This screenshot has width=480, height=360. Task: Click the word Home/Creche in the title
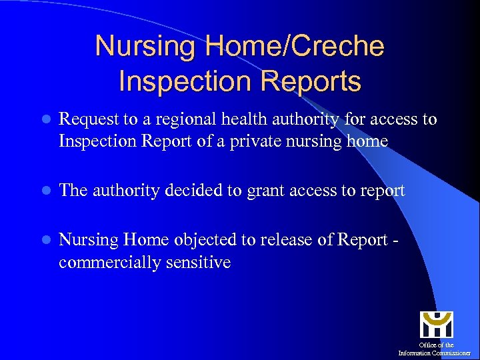click(297, 47)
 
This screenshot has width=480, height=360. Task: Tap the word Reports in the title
click(311, 81)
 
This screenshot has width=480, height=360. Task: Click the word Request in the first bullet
click(85, 119)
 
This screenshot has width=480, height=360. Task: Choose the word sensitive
click(198, 263)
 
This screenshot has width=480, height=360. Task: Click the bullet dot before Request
click(45, 120)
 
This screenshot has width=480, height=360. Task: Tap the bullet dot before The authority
click(45, 191)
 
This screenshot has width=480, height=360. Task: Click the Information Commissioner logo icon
click(436, 325)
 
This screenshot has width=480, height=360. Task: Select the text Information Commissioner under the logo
click(434, 353)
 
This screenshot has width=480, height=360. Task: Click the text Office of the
click(436, 345)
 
